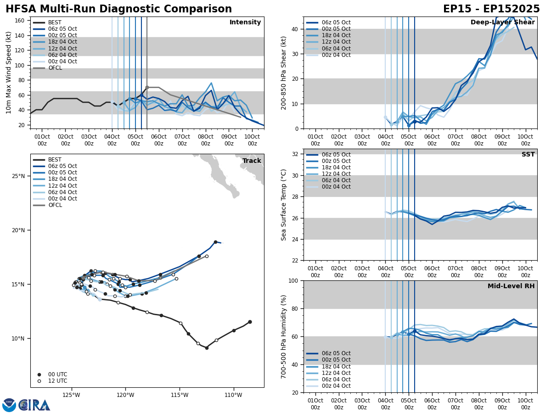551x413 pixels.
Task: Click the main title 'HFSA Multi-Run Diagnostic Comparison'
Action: coord(118,9)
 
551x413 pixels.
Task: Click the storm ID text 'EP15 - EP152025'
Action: coord(491,9)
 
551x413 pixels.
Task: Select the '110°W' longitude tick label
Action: coord(234,394)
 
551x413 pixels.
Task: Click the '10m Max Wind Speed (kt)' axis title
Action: coord(9,73)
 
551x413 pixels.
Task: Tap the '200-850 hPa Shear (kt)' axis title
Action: coord(284,73)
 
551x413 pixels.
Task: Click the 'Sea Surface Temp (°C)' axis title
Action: coord(284,205)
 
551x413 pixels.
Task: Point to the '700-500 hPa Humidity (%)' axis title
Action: coord(284,336)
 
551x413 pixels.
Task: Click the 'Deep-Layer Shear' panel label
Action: coord(502,22)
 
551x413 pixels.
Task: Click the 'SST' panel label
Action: coord(528,155)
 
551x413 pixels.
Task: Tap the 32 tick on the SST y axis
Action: coord(295,154)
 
